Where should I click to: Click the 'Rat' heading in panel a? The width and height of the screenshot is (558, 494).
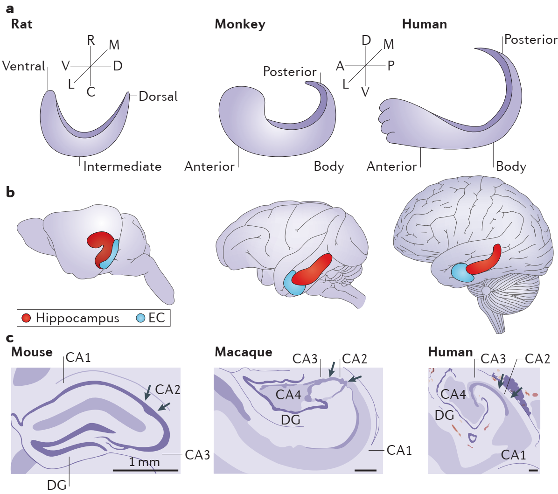(22, 24)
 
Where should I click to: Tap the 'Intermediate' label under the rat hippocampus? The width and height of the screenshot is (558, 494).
(122, 167)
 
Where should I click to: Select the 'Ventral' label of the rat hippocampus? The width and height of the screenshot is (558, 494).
(23, 66)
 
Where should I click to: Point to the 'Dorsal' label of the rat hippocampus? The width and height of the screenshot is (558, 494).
(158, 97)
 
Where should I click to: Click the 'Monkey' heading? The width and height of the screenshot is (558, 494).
(240, 24)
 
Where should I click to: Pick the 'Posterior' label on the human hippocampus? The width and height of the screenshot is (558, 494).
(530, 40)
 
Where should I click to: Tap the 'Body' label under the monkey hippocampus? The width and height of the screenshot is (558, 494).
(328, 167)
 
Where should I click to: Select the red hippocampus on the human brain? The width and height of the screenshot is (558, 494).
(485, 261)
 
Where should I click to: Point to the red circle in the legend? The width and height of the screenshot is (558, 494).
(26, 318)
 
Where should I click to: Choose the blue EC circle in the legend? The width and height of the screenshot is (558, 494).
(140, 318)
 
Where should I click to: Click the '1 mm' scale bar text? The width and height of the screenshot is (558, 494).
(144, 462)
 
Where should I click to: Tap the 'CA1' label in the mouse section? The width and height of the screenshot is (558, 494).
(78, 358)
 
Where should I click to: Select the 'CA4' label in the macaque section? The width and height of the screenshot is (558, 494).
(288, 395)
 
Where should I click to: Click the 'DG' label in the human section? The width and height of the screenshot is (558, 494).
(444, 415)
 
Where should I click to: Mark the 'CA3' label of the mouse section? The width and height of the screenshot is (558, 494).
(197, 455)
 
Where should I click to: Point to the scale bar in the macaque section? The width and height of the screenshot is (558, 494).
(365, 470)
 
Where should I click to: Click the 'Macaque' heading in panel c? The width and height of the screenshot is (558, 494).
(244, 352)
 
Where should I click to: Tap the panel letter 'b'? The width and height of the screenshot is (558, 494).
(10, 192)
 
